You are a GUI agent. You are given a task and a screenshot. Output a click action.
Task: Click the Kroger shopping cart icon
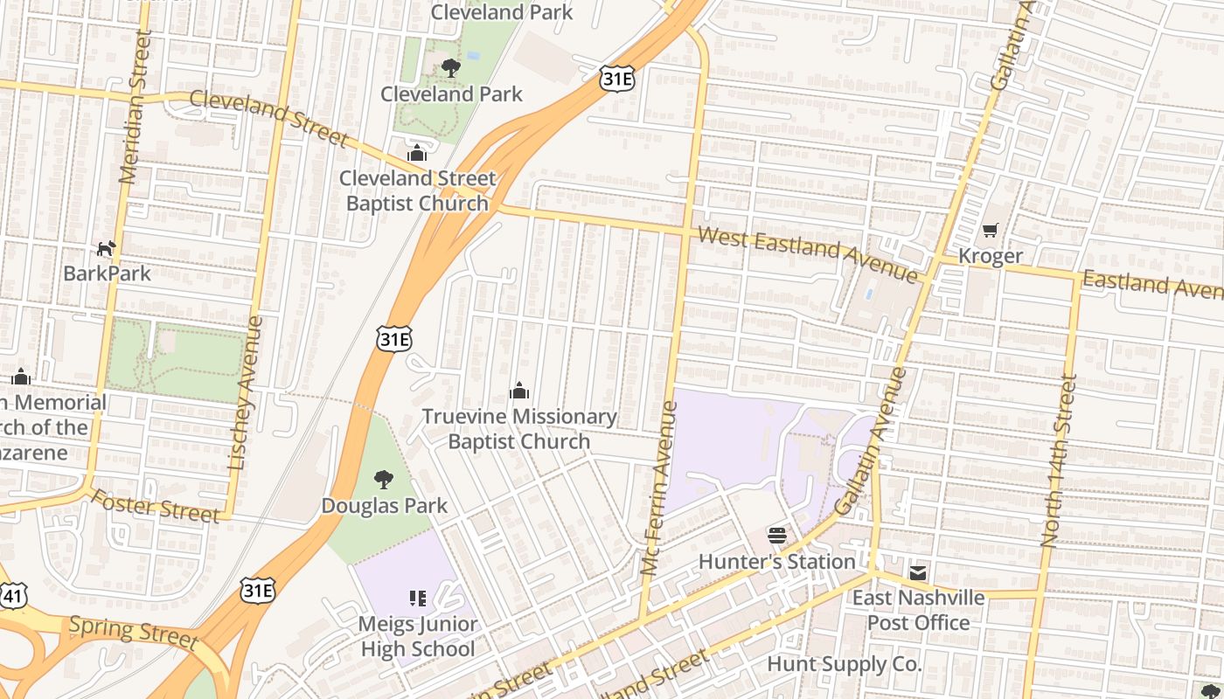990,231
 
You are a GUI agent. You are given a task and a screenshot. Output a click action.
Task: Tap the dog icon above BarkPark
106,249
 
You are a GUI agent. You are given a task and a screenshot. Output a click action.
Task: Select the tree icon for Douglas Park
383,480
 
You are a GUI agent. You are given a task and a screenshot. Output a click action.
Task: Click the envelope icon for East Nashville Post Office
917,572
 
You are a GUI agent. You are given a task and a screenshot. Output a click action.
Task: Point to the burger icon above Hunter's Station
776,535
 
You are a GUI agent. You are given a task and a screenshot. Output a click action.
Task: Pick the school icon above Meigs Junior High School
418,599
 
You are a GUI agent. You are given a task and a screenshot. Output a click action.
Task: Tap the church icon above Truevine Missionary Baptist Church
519,391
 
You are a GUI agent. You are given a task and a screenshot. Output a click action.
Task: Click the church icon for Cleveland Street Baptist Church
417,153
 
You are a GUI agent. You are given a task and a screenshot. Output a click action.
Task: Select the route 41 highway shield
11,596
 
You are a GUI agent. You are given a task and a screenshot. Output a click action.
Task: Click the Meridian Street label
135,107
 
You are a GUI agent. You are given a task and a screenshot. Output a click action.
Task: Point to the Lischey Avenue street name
244,394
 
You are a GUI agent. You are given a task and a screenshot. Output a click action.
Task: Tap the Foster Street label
156,507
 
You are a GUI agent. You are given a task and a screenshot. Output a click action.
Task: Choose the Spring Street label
133,631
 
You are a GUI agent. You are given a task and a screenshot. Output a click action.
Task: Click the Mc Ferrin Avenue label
659,488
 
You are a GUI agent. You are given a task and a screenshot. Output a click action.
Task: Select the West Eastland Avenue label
807,253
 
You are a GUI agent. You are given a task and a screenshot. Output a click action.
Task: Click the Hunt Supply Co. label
844,664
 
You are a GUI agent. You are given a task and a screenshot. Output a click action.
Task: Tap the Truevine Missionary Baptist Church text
519,429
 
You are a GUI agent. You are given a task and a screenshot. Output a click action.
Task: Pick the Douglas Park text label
384,506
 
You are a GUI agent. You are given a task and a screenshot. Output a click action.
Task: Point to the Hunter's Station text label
776,561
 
